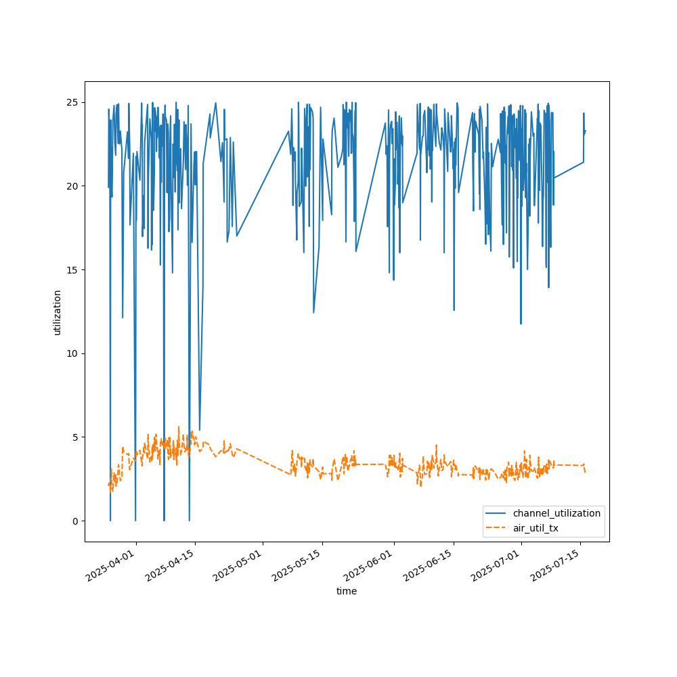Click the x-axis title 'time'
coord(347,591)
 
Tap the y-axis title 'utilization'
coord(58,312)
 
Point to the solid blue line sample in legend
coord(498,513)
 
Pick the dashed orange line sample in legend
coord(498,528)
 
